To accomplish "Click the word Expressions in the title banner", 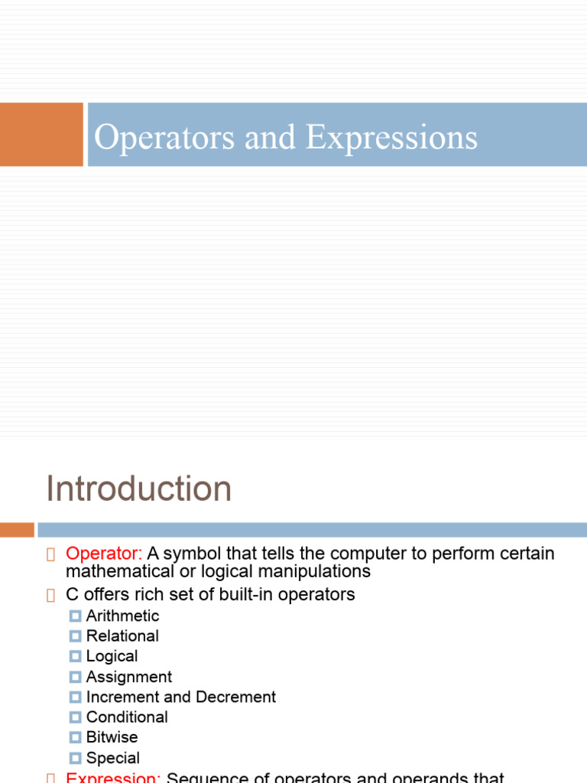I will [x=391, y=138].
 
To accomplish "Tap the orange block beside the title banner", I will [x=41, y=135].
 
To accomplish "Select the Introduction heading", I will [x=138, y=489].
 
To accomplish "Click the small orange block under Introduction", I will [x=17, y=529].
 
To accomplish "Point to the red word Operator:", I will [x=104, y=553].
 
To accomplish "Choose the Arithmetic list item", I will [x=122, y=616].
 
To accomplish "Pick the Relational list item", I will [x=122, y=635].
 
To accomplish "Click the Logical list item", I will [x=112, y=656].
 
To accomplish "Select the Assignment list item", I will [x=128, y=677].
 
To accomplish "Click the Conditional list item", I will [x=127, y=717].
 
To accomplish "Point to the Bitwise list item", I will [x=112, y=737].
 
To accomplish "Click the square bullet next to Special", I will [x=75, y=758].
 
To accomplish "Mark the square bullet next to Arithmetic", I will [x=75, y=616].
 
